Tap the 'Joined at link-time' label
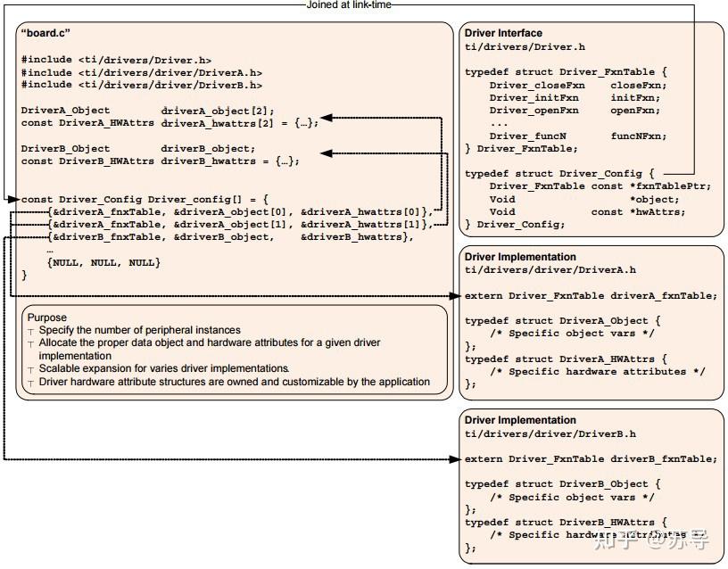click(x=349, y=4)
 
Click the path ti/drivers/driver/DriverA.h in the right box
click(x=550, y=269)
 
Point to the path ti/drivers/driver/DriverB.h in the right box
click(x=550, y=433)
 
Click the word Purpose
click(x=46, y=317)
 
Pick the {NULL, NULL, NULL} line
click(x=103, y=262)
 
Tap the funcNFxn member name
click(x=638, y=136)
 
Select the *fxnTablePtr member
click(x=658, y=186)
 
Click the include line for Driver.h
click(x=116, y=60)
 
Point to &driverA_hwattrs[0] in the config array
click(x=365, y=211)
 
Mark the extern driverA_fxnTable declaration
click(x=591, y=295)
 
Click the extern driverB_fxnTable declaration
click(x=591, y=458)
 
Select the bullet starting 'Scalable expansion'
click(x=163, y=368)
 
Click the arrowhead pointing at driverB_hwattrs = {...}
click(x=326, y=154)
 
